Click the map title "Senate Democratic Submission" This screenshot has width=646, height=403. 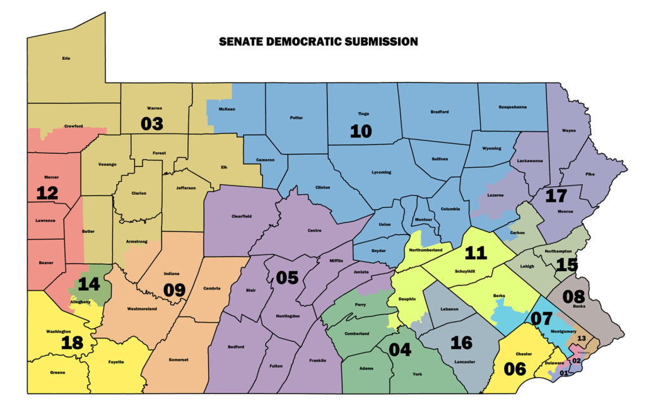[318, 42]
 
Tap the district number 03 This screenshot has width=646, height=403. [151, 123]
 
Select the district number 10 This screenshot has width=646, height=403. [361, 131]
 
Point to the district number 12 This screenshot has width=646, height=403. [47, 193]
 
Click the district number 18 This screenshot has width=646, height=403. [73, 342]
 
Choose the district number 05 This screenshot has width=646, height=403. [286, 277]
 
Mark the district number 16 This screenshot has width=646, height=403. [461, 342]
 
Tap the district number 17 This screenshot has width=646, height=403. [556, 196]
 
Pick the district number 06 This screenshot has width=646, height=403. [515, 368]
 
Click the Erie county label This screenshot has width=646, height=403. [66, 59]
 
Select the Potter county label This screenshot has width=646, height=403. [296, 117]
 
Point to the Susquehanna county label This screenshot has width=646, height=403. [512, 107]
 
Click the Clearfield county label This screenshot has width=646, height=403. [241, 216]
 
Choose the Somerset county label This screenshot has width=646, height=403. [179, 359]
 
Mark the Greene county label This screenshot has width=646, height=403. [57, 373]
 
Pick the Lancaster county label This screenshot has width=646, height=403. [464, 361]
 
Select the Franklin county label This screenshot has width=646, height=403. [317, 360]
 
